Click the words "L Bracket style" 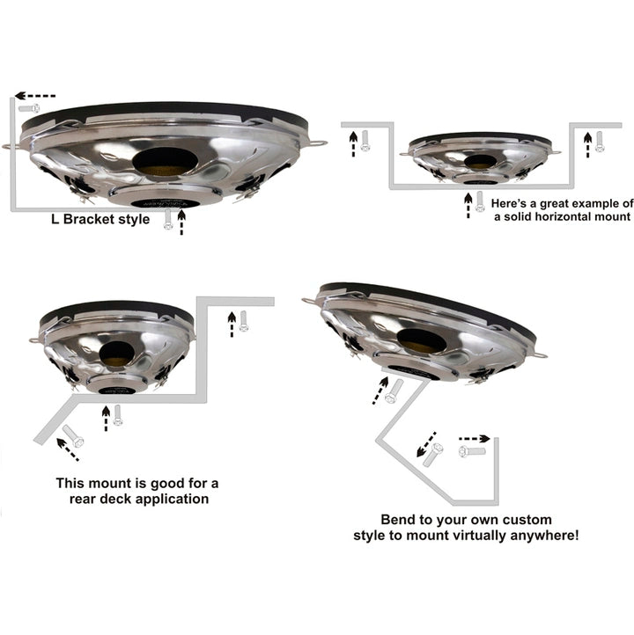click(x=100, y=220)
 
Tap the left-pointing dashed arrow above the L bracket click(x=35, y=96)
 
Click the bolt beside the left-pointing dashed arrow click(x=29, y=108)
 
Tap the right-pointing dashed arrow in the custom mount click(x=475, y=439)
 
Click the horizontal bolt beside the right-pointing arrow click(x=472, y=451)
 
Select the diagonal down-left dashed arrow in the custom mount click(x=426, y=445)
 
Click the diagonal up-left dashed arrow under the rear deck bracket click(x=67, y=449)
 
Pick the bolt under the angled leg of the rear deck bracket click(x=73, y=435)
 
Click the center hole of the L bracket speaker click(x=165, y=162)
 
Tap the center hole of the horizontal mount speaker click(x=480, y=162)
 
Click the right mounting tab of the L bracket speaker click(x=317, y=143)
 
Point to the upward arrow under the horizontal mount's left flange click(x=353, y=144)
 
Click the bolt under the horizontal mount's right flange click(x=600, y=142)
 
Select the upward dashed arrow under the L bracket click(x=181, y=222)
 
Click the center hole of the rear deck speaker click(x=117, y=353)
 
